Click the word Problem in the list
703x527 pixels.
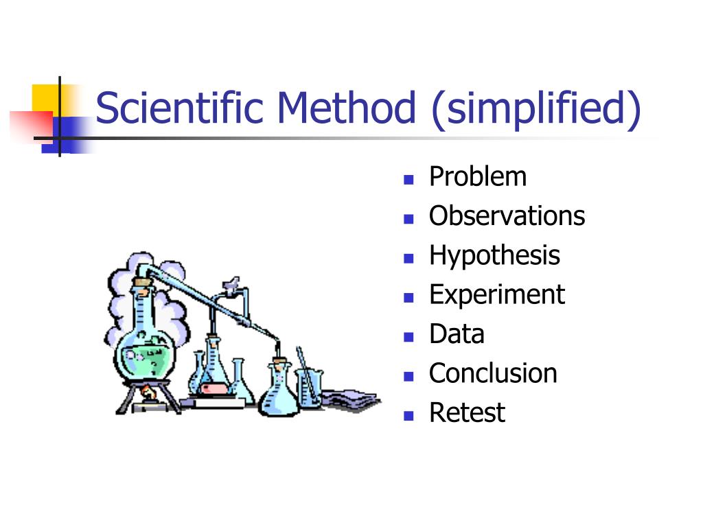(478, 177)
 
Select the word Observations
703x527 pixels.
(507, 216)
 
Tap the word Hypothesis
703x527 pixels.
(494, 255)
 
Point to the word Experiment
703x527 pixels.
(496, 295)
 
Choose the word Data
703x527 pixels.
(457, 334)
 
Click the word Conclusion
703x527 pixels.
(493, 373)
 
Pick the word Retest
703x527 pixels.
(467, 412)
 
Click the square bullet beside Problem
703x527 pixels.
(409, 180)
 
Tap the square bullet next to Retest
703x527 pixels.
(409, 415)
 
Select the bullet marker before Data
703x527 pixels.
(409, 337)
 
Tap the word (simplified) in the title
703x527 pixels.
(535, 110)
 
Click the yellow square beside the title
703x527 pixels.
(45, 97)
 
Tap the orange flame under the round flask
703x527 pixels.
(146, 393)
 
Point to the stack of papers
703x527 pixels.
(350, 400)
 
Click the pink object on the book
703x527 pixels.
(214, 388)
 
